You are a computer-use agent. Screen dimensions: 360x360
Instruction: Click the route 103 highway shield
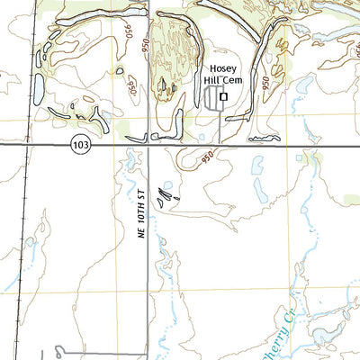click(x=82, y=145)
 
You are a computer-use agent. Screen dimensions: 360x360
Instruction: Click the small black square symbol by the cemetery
click(x=224, y=96)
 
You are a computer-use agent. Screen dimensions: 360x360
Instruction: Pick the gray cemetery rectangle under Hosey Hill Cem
click(x=213, y=100)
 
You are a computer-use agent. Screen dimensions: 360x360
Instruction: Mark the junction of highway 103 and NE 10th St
click(x=149, y=145)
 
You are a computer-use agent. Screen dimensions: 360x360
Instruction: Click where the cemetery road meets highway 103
click(x=220, y=144)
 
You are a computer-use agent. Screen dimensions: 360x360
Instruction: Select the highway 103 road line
click(x=270, y=145)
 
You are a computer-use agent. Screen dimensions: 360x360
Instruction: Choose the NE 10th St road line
click(x=149, y=270)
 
